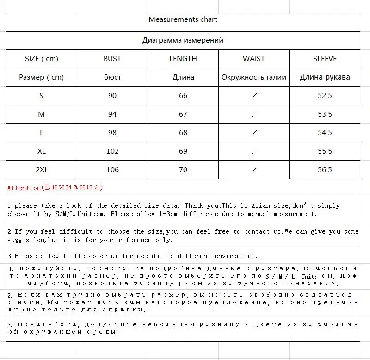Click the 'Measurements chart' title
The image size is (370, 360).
click(x=183, y=19)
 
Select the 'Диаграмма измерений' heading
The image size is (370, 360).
click(x=183, y=40)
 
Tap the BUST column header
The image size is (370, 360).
click(x=112, y=59)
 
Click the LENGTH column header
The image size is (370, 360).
click(x=183, y=59)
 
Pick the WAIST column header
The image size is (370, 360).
click(x=254, y=59)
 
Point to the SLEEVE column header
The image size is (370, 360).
click(x=325, y=59)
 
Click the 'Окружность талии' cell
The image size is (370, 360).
click(x=254, y=77)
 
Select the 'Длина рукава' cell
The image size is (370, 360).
click(x=325, y=77)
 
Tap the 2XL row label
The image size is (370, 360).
click(x=42, y=170)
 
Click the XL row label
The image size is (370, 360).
click(x=42, y=151)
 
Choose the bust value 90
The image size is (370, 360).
click(x=112, y=96)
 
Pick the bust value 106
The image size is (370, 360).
click(x=112, y=170)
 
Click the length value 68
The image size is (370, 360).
click(x=183, y=133)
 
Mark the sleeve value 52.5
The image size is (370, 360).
click(x=325, y=96)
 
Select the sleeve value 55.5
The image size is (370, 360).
click(x=325, y=151)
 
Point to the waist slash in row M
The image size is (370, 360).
click(x=254, y=114)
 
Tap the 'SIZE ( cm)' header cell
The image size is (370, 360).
click(x=42, y=59)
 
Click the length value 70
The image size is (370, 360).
click(x=183, y=170)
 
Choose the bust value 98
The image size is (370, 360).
click(x=112, y=133)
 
